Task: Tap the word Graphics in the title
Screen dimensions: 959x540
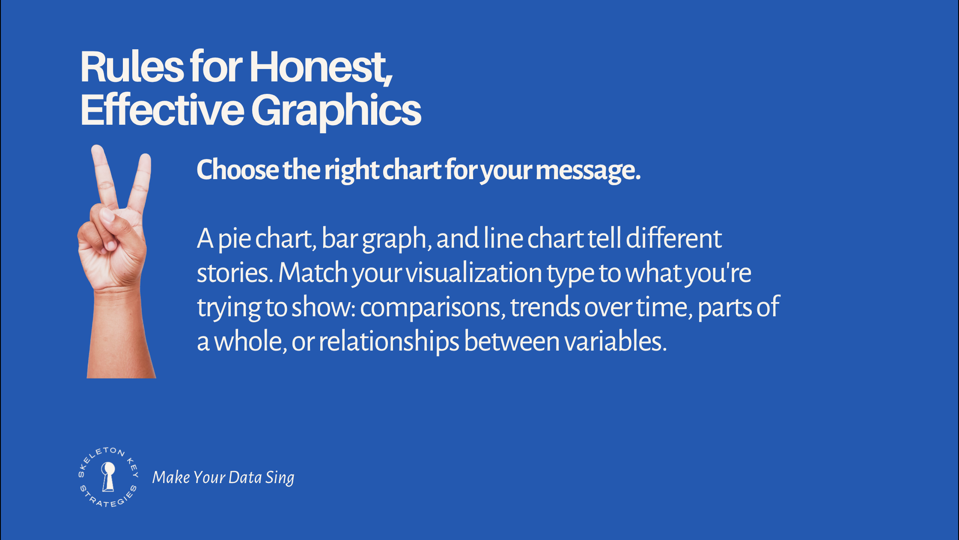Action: pyautogui.click(x=336, y=111)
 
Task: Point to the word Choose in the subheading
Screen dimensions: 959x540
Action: pyautogui.click(x=238, y=170)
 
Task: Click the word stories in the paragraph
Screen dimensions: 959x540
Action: pyautogui.click(x=235, y=273)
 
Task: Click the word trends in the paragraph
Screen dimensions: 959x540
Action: pyautogui.click(x=545, y=307)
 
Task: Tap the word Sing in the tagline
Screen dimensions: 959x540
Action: pyautogui.click(x=280, y=478)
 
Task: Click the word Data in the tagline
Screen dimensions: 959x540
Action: pyautogui.click(x=245, y=477)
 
